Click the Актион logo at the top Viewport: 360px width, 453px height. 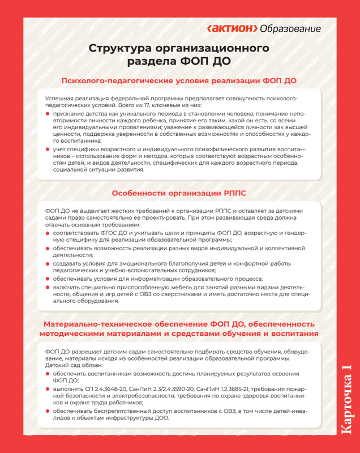tap(233, 28)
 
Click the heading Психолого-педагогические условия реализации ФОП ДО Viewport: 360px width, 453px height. tap(179, 81)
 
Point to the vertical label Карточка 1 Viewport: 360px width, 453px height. tap(346, 400)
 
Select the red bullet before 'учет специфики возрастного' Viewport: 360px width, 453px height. tap(48, 148)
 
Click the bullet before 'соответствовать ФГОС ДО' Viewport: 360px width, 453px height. tap(48, 233)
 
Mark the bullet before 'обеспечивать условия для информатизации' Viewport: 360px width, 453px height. tap(48, 279)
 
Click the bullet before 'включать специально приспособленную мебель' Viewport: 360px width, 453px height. tap(48, 287)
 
